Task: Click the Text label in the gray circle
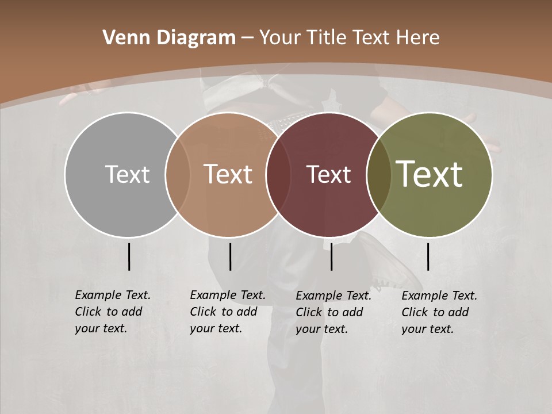[127, 174]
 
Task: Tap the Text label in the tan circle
[228, 174]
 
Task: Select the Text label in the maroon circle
[328, 174]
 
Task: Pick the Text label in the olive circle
[430, 174]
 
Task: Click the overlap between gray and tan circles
[178, 175]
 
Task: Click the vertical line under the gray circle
[129, 256]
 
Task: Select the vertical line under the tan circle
[230, 256]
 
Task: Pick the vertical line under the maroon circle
[331, 256]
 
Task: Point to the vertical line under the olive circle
[428, 256]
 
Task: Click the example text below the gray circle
[112, 312]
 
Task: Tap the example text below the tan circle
[227, 312]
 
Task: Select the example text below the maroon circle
[333, 312]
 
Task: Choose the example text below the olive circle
[439, 312]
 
